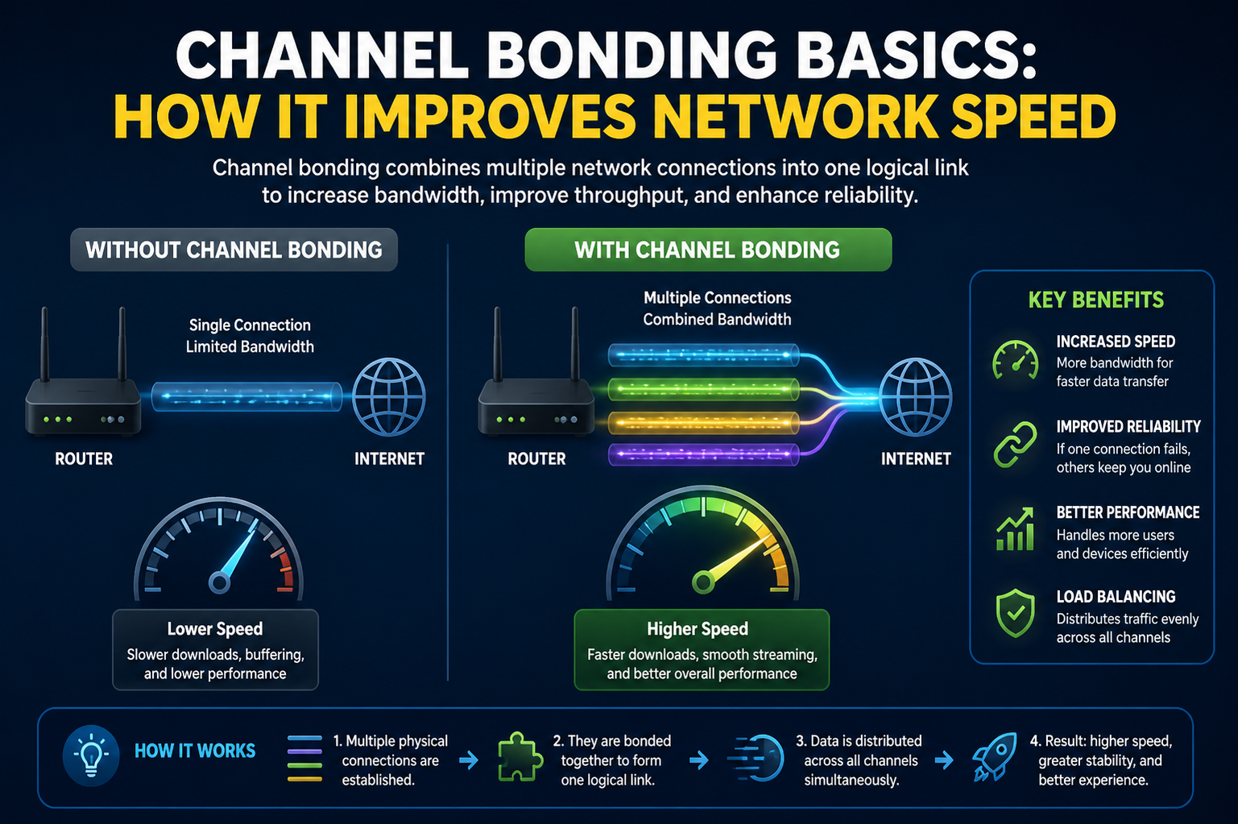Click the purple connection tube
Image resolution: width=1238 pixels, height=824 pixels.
[x=703, y=454]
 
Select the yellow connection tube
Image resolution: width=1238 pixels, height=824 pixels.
[x=703, y=423]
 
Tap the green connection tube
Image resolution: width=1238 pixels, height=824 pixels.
[x=703, y=389]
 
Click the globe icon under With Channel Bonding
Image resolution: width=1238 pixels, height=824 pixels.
[x=915, y=397]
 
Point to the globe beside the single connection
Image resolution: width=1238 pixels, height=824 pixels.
[x=388, y=397]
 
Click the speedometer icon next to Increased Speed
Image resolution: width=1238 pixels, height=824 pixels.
[x=1015, y=360]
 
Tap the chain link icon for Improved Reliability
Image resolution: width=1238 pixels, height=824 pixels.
[x=1015, y=445]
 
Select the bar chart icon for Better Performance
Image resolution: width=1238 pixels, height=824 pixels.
[x=1015, y=529]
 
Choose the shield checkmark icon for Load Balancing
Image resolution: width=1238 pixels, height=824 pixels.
[x=1015, y=614]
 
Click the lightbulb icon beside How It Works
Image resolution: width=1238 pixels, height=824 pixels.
[x=91, y=756]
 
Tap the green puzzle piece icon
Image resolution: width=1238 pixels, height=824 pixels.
[x=520, y=756]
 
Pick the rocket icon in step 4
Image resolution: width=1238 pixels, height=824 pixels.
[x=995, y=756]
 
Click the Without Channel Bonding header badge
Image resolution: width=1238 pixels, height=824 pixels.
[x=234, y=250]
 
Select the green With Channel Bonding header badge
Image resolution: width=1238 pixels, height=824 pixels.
[x=708, y=250]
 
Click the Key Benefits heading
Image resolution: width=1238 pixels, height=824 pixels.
[x=1096, y=300]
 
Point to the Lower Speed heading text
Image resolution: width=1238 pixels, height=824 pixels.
[x=215, y=629]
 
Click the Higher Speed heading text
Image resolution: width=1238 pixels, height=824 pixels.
[x=698, y=629]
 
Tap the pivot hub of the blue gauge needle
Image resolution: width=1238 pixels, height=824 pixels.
[x=219, y=582]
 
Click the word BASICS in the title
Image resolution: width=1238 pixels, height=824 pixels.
[x=917, y=55]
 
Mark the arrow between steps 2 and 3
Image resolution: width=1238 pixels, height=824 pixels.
[x=699, y=760]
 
